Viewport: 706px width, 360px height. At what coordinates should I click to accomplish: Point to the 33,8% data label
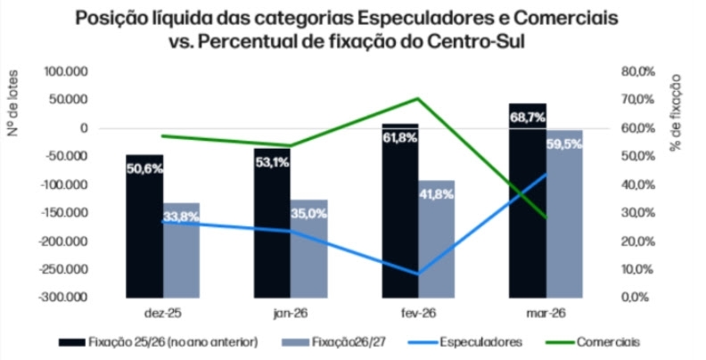click(181, 215)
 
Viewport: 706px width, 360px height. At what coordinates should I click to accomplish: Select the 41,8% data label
click(436, 195)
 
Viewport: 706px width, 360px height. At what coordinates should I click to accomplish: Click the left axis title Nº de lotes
click(15, 108)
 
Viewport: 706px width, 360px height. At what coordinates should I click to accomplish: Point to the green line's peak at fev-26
click(417, 98)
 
